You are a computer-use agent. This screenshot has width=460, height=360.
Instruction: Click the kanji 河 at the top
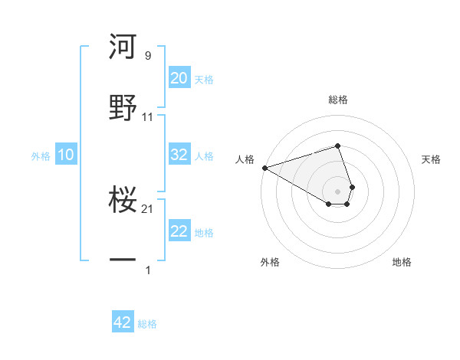click(x=123, y=47)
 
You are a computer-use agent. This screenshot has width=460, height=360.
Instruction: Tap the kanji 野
click(x=123, y=106)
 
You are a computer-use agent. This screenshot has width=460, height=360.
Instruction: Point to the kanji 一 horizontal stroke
click(x=123, y=261)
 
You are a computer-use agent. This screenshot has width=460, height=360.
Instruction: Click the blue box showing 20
click(x=179, y=77)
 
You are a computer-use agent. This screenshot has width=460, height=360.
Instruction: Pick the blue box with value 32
click(x=179, y=155)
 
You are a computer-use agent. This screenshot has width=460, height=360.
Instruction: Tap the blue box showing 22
click(x=179, y=231)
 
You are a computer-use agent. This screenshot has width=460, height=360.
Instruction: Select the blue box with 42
click(x=123, y=322)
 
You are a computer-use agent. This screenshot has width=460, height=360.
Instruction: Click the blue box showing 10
click(x=65, y=155)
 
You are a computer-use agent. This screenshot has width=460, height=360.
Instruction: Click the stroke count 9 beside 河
click(x=147, y=56)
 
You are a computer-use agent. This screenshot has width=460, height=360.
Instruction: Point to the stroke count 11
click(x=147, y=117)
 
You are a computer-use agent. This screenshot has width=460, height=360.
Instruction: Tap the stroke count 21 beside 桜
click(x=147, y=209)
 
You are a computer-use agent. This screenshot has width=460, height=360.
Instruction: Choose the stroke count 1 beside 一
click(x=147, y=270)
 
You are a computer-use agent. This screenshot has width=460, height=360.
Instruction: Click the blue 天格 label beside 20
click(x=204, y=79)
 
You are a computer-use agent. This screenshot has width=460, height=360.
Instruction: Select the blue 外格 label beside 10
click(x=41, y=155)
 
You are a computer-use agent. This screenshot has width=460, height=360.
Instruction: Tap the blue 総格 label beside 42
click(x=147, y=324)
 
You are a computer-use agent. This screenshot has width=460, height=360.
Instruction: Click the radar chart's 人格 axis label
click(x=245, y=159)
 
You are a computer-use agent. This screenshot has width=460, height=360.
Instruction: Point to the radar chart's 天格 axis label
click(x=432, y=159)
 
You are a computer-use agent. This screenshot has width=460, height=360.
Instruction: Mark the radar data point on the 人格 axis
click(x=264, y=168)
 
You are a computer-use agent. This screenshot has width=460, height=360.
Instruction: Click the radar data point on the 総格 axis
click(x=337, y=146)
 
